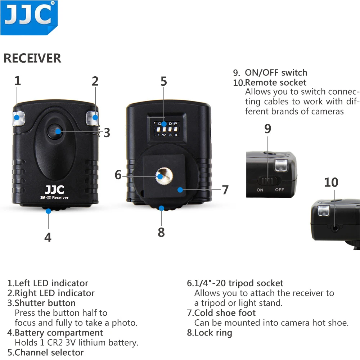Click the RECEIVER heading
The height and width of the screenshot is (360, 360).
pos(32,58)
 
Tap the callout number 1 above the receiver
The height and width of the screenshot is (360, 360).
pos(18,81)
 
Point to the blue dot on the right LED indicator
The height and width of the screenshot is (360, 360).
pos(95,117)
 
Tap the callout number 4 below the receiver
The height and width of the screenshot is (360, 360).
pos(48,237)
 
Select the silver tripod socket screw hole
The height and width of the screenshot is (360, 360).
pos(161,176)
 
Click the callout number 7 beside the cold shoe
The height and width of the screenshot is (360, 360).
pos(225,190)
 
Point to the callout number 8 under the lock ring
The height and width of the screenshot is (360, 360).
pos(161,232)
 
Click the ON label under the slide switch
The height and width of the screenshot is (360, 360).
pos(260,190)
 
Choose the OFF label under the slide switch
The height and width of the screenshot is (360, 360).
pos(279,190)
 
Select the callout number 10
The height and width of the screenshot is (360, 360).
pos(331,183)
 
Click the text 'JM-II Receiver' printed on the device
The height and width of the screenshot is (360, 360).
pos(54,198)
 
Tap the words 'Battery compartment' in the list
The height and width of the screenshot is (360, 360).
pos(59,333)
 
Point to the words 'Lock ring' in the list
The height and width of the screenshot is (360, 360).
pos(213,333)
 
